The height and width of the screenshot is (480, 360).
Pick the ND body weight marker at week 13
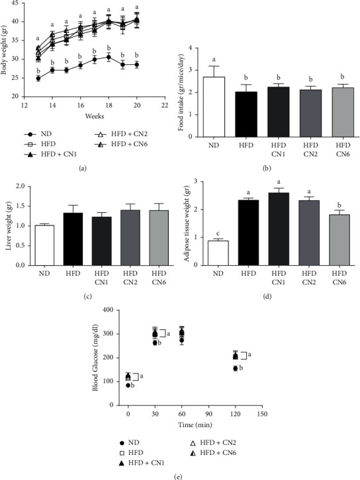pos(38,78)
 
